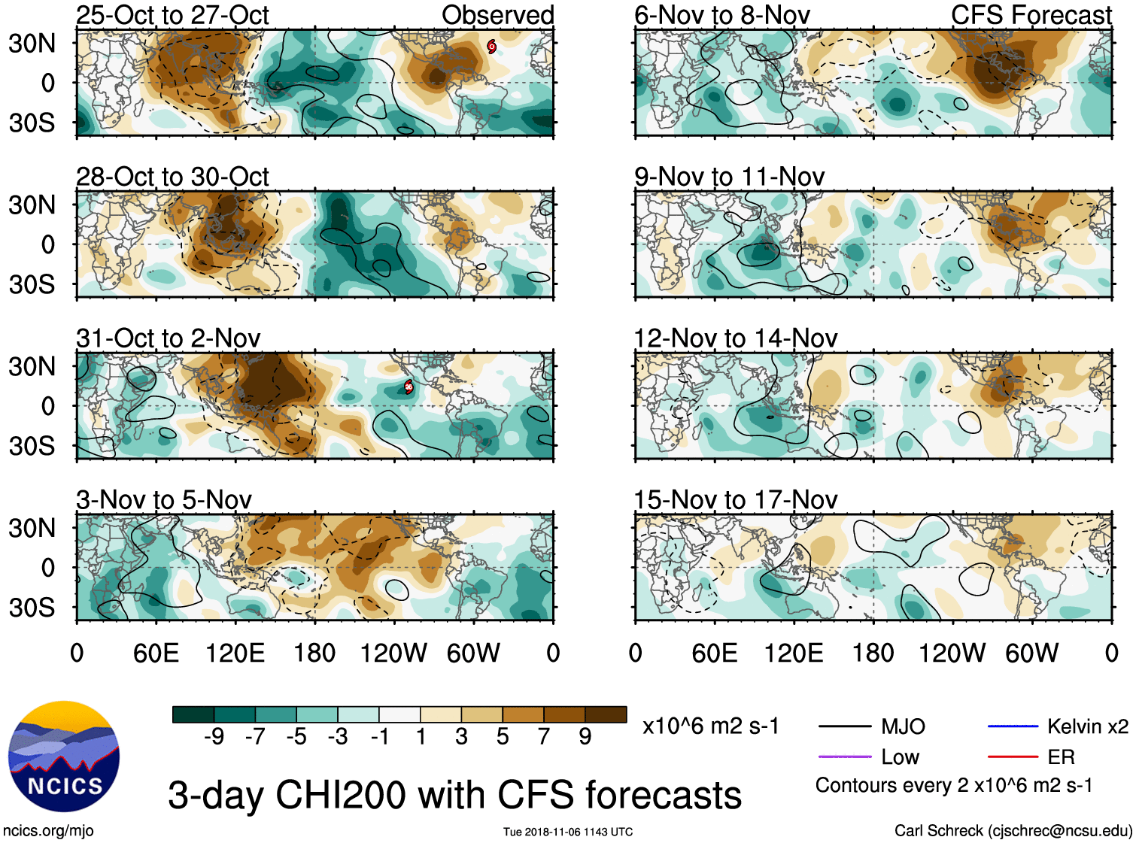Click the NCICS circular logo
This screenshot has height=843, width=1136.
point(64,756)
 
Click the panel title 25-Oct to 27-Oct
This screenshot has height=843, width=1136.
point(172,15)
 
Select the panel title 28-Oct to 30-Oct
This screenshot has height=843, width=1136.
point(172,177)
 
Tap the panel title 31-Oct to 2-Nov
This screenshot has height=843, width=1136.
point(169,338)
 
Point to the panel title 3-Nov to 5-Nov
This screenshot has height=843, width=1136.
point(164,500)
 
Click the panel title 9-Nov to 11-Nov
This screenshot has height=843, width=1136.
point(729,177)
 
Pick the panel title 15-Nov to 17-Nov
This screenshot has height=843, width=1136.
point(735,500)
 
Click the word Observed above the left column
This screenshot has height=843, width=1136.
point(497,15)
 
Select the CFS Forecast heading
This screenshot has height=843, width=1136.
point(1031,15)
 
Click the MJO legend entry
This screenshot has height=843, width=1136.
point(903,726)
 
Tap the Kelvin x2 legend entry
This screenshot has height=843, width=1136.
point(1087,726)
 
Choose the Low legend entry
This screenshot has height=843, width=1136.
point(900,757)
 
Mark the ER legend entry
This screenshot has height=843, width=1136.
point(1061,757)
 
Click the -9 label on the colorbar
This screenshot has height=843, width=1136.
point(214,737)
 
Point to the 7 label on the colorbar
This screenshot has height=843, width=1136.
point(544,737)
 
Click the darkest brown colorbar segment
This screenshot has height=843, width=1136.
point(606,714)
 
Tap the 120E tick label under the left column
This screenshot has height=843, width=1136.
point(235,653)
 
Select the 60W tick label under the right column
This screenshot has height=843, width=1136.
point(1031,653)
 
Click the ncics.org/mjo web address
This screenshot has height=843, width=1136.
point(48,831)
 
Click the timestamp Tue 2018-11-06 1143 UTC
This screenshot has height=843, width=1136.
point(568,832)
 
